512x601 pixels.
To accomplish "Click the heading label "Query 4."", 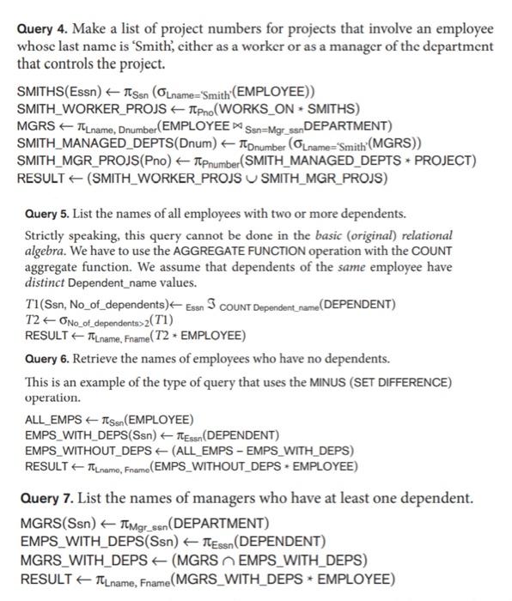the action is [x=44, y=27].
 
